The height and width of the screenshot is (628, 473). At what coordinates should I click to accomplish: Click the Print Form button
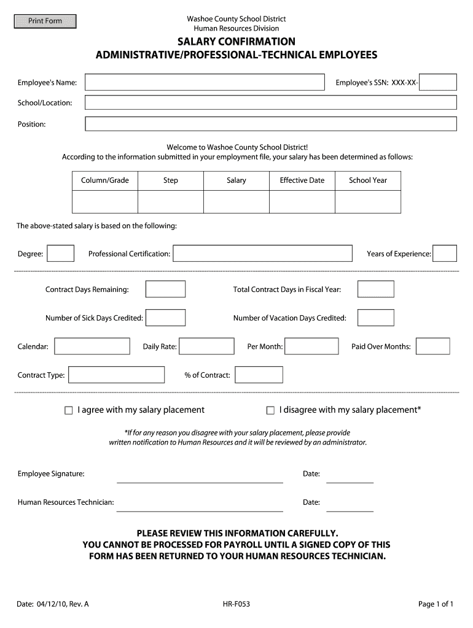click(x=45, y=21)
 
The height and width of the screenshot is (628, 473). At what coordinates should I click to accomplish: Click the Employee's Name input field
click(x=205, y=82)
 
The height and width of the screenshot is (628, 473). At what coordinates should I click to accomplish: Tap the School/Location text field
click(x=270, y=102)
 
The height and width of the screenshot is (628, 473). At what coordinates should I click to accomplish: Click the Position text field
click(x=270, y=124)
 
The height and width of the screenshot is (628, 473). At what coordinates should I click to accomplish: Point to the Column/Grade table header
click(x=105, y=180)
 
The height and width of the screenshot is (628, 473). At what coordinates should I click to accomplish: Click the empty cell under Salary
click(x=237, y=202)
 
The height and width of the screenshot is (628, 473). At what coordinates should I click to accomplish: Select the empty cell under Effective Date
click(x=302, y=202)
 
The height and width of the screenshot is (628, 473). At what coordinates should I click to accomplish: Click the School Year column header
click(x=368, y=180)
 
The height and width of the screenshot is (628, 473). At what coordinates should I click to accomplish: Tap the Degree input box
click(x=61, y=253)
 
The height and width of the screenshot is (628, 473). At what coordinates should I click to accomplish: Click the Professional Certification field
click(x=262, y=253)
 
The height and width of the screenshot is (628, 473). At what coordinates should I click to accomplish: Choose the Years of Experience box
click(x=445, y=253)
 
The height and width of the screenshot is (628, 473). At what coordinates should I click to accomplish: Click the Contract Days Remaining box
click(x=165, y=289)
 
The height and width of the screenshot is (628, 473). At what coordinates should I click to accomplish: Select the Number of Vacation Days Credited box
click(x=376, y=318)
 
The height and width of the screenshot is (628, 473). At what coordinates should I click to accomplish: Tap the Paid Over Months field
click(x=433, y=347)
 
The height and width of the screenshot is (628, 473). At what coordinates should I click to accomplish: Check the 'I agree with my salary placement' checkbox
click(x=69, y=410)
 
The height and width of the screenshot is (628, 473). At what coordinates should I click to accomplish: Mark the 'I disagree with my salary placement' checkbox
click(x=270, y=410)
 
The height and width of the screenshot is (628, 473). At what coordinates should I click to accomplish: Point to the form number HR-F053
click(x=237, y=604)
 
